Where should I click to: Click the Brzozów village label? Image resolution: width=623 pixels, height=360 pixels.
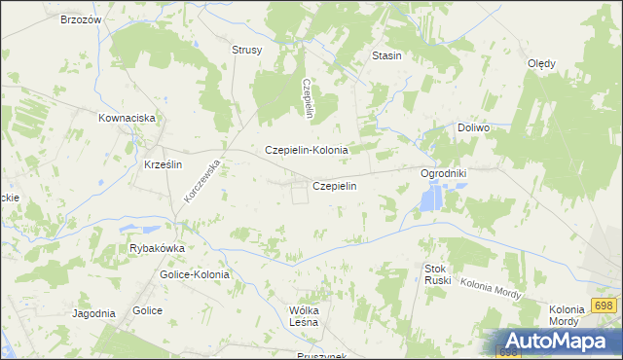[x=81, y=20]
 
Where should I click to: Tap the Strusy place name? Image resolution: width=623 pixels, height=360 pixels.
[x=246, y=51]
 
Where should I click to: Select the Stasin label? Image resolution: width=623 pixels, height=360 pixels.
[x=387, y=56]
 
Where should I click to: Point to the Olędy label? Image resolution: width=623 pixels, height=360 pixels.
[x=541, y=64]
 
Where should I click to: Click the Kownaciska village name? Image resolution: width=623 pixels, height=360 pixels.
[x=128, y=118]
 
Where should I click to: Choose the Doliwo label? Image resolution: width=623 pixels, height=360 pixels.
[x=473, y=127]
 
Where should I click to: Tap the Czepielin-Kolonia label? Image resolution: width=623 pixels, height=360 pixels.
[x=307, y=151]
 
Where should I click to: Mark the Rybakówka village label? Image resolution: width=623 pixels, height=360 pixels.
[x=157, y=248]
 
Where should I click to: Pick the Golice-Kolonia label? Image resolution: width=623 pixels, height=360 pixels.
[x=195, y=275]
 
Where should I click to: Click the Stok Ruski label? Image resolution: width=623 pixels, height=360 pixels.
[x=435, y=274]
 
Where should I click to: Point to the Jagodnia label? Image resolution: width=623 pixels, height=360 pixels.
[x=93, y=313]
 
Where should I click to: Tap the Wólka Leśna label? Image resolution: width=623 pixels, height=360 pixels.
[x=298, y=317]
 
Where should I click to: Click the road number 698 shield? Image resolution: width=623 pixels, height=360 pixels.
[x=603, y=306]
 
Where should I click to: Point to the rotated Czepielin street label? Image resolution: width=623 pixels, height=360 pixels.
[x=307, y=98]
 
